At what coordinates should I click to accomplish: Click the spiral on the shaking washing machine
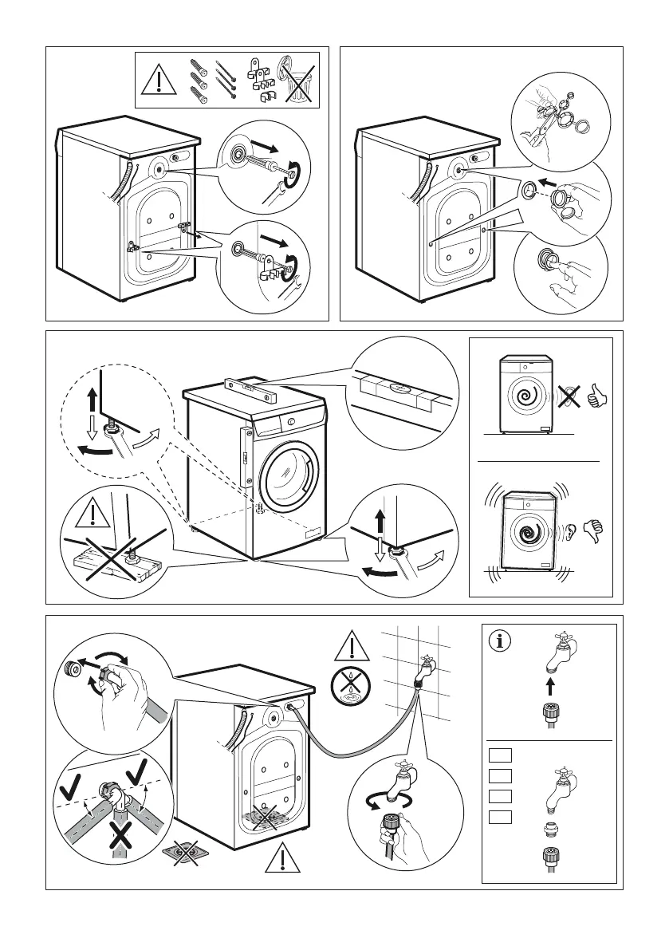526,531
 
